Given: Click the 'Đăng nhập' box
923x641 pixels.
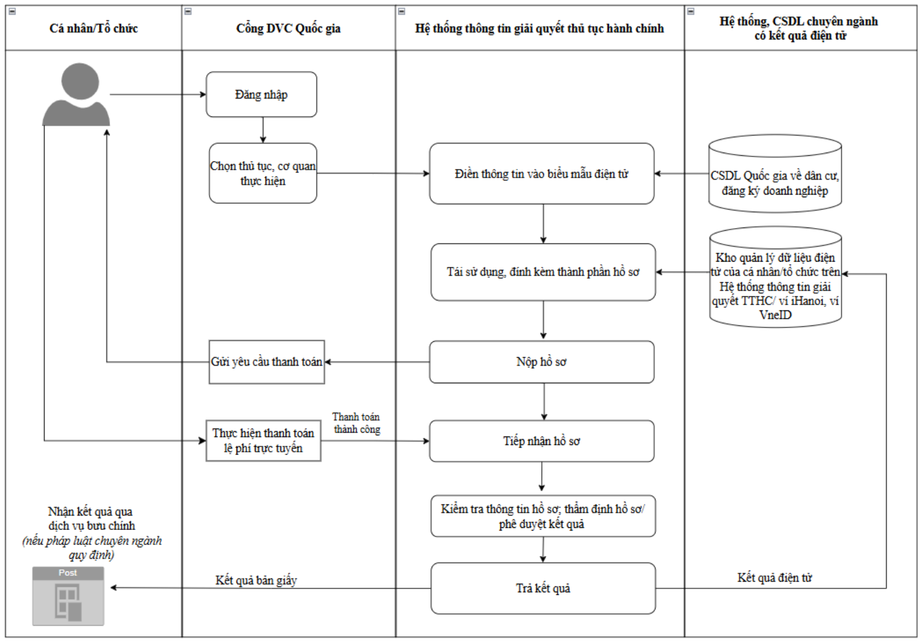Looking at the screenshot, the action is pyautogui.click(x=261, y=95).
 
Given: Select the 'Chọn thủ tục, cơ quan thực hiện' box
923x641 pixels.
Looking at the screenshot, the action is pyautogui.click(x=263, y=174).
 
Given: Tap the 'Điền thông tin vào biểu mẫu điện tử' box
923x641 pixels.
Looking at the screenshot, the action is pyautogui.click(x=541, y=174).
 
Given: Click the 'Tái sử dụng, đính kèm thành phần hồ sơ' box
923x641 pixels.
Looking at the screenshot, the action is pyautogui.click(x=543, y=272).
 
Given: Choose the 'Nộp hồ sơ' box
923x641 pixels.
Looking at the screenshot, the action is pyautogui.click(x=541, y=362).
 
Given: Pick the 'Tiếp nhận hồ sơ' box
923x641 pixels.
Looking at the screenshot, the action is pyautogui.click(x=541, y=441).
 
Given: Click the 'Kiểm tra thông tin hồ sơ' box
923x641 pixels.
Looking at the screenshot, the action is pyautogui.click(x=543, y=516).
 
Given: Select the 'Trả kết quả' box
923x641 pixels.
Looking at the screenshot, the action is pyautogui.click(x=543, y=588).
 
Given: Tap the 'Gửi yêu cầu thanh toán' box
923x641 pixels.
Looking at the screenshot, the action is pyautogui.click(x=267, y=362).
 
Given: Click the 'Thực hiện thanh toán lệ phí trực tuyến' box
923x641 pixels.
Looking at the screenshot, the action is pyautogui.click(x=263, y=440).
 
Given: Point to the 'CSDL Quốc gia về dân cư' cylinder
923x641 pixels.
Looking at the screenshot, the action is pyautogui.click(x=775, y=174).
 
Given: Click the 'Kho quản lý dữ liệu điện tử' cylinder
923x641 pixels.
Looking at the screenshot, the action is pyautogui.click(x=775, y=277).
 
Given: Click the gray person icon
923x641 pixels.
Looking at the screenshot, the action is pyautogui.click(x=76, y=95).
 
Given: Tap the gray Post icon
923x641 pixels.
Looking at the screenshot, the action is pyautogui.click(x=68, y=596).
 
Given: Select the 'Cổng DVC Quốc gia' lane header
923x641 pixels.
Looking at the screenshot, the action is pyautogui.click(x=288, y=28).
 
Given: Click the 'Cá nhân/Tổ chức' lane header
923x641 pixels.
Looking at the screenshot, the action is pyautogui.click(x=93, y=28).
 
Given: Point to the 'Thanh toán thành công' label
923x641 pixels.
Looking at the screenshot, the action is pyautogui.click(x=357, y=423).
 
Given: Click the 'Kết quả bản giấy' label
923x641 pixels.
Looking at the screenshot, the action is pyautogui.click(x=256, y=581).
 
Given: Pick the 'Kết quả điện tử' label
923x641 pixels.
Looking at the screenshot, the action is pyautogui.click(x=775, y=577).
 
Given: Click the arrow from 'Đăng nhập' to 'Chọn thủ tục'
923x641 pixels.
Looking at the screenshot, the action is pyautogui.click(x=263, y=130).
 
